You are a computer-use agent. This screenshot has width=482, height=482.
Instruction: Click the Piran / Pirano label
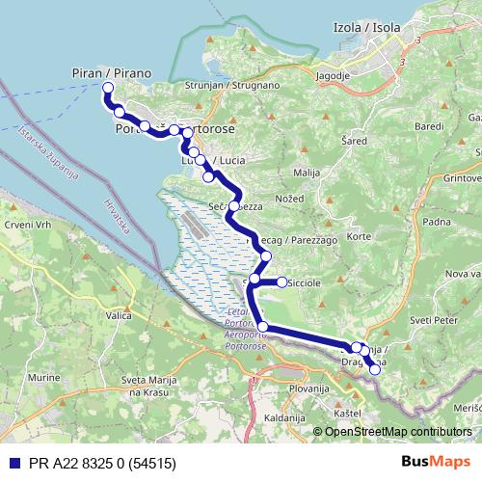pos(112,72)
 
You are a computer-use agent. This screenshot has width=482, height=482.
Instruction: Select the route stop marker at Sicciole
pos(282,282)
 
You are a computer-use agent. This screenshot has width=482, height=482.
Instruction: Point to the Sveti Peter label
pos(432,319)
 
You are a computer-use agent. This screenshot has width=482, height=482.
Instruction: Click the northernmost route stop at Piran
pos(107,88)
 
